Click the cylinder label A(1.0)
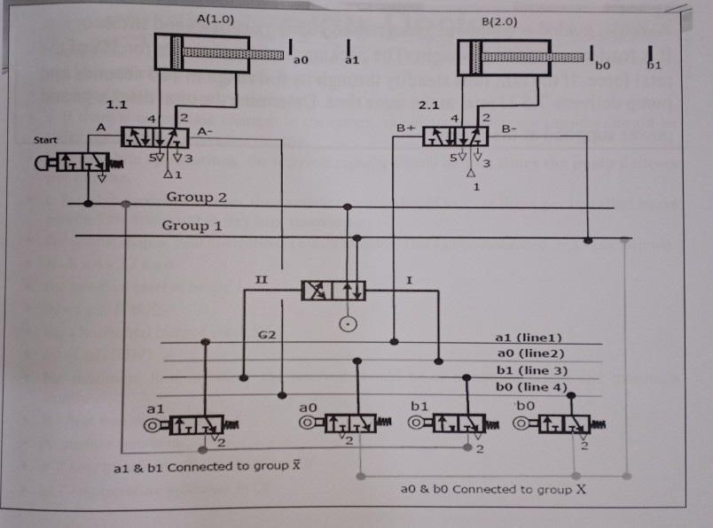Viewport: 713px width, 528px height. pos(215,19)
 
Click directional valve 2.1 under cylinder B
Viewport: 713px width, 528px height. pos(455,136)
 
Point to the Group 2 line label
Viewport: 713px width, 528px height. pos(196,196)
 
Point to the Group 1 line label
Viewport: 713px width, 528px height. pos(185,226)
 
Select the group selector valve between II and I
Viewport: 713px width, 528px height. pos(333,291)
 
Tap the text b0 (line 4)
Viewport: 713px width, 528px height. pos(529,387)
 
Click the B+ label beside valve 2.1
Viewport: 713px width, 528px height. pos(406,127)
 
